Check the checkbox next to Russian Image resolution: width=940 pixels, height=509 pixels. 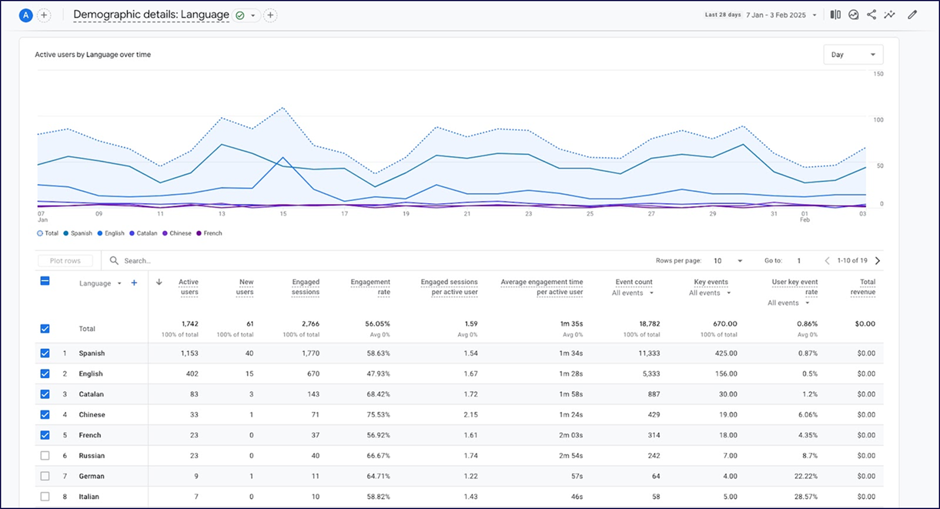click(x=45, y=456)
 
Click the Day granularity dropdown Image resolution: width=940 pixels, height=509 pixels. click(x=853, y=55)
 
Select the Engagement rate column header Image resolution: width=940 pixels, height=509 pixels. click(x=370, y=286)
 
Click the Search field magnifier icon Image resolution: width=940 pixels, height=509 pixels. click(x=114, y=261)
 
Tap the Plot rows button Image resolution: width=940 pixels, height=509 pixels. click(x=65, y=261)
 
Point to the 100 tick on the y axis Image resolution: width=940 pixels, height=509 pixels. click(x=878, y=120)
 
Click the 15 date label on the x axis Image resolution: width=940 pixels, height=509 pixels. click(x=283, y=214)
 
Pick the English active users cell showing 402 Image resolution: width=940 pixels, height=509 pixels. click(x=192, y=373)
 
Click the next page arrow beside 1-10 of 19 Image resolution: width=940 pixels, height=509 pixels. click(x=878, y=261)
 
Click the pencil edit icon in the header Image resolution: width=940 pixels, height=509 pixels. click(x=912, y=15)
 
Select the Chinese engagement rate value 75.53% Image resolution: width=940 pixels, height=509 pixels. click(x=378, y=414)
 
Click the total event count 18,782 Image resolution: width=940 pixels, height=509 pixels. click(x=649, y=323)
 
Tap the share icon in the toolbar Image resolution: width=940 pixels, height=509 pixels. click(x=871, y=15)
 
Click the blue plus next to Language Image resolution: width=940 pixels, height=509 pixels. click(x=134, y=283)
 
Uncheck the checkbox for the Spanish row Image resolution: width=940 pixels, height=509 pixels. click(x=45, y=353)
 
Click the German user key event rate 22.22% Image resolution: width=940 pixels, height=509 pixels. click(x=805, y=476)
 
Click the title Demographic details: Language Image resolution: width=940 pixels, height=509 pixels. click(x=151, y=15)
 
